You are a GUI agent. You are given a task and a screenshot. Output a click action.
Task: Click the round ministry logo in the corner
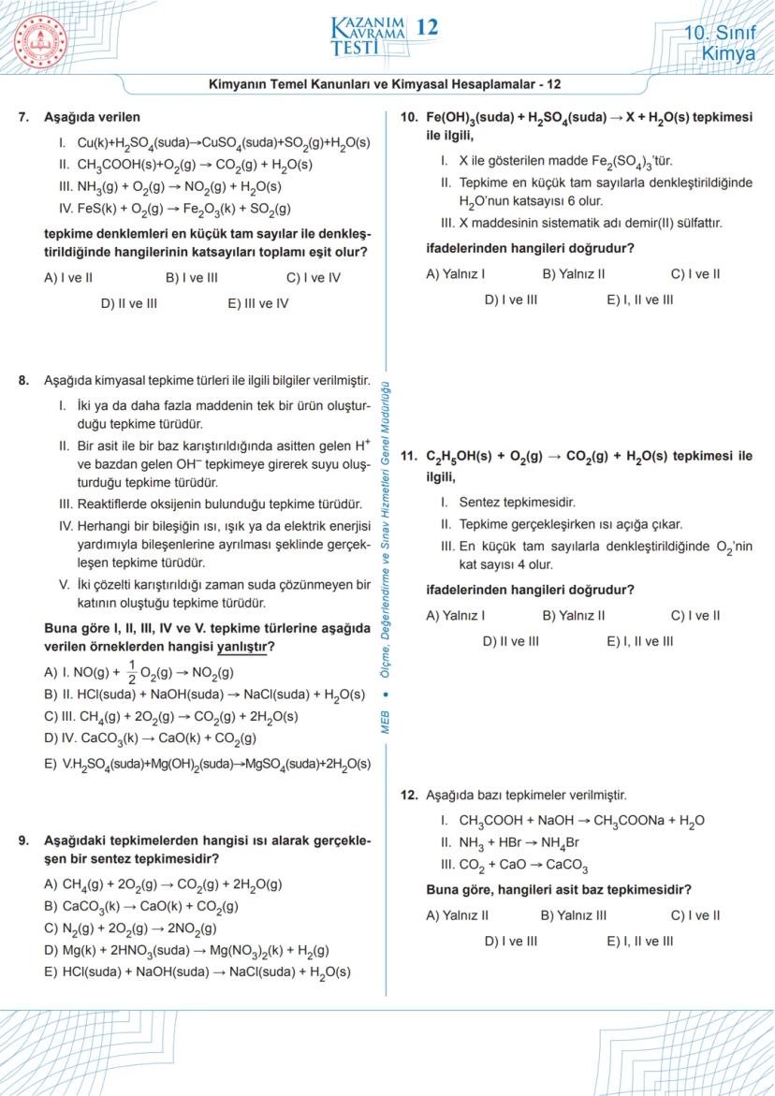coord(41,41)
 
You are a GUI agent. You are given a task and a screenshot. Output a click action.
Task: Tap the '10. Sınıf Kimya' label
coord(719,43)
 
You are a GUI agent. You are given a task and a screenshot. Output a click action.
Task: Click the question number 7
coord(24,117)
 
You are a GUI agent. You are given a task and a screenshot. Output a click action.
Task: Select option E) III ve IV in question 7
coord(258,303)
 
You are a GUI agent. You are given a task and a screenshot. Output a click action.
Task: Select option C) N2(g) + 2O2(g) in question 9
coord(130,928)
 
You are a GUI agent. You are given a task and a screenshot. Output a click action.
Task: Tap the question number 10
coord(408,117)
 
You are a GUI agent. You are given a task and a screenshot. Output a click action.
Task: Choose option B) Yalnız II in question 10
coord(573,274)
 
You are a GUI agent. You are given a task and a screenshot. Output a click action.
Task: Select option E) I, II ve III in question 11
coord(639,641)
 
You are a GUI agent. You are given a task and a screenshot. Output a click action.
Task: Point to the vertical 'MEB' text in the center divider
coord(387,722)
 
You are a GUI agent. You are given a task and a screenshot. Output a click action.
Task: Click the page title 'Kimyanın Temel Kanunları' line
coord(385,83)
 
